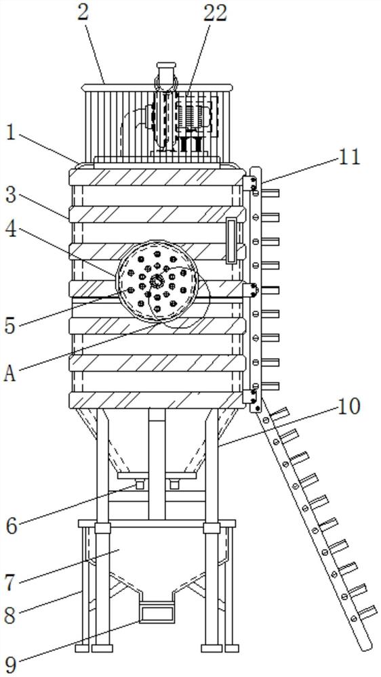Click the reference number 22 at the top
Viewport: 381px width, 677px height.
[215, 13]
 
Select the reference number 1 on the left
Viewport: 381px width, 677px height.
[12, 134]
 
